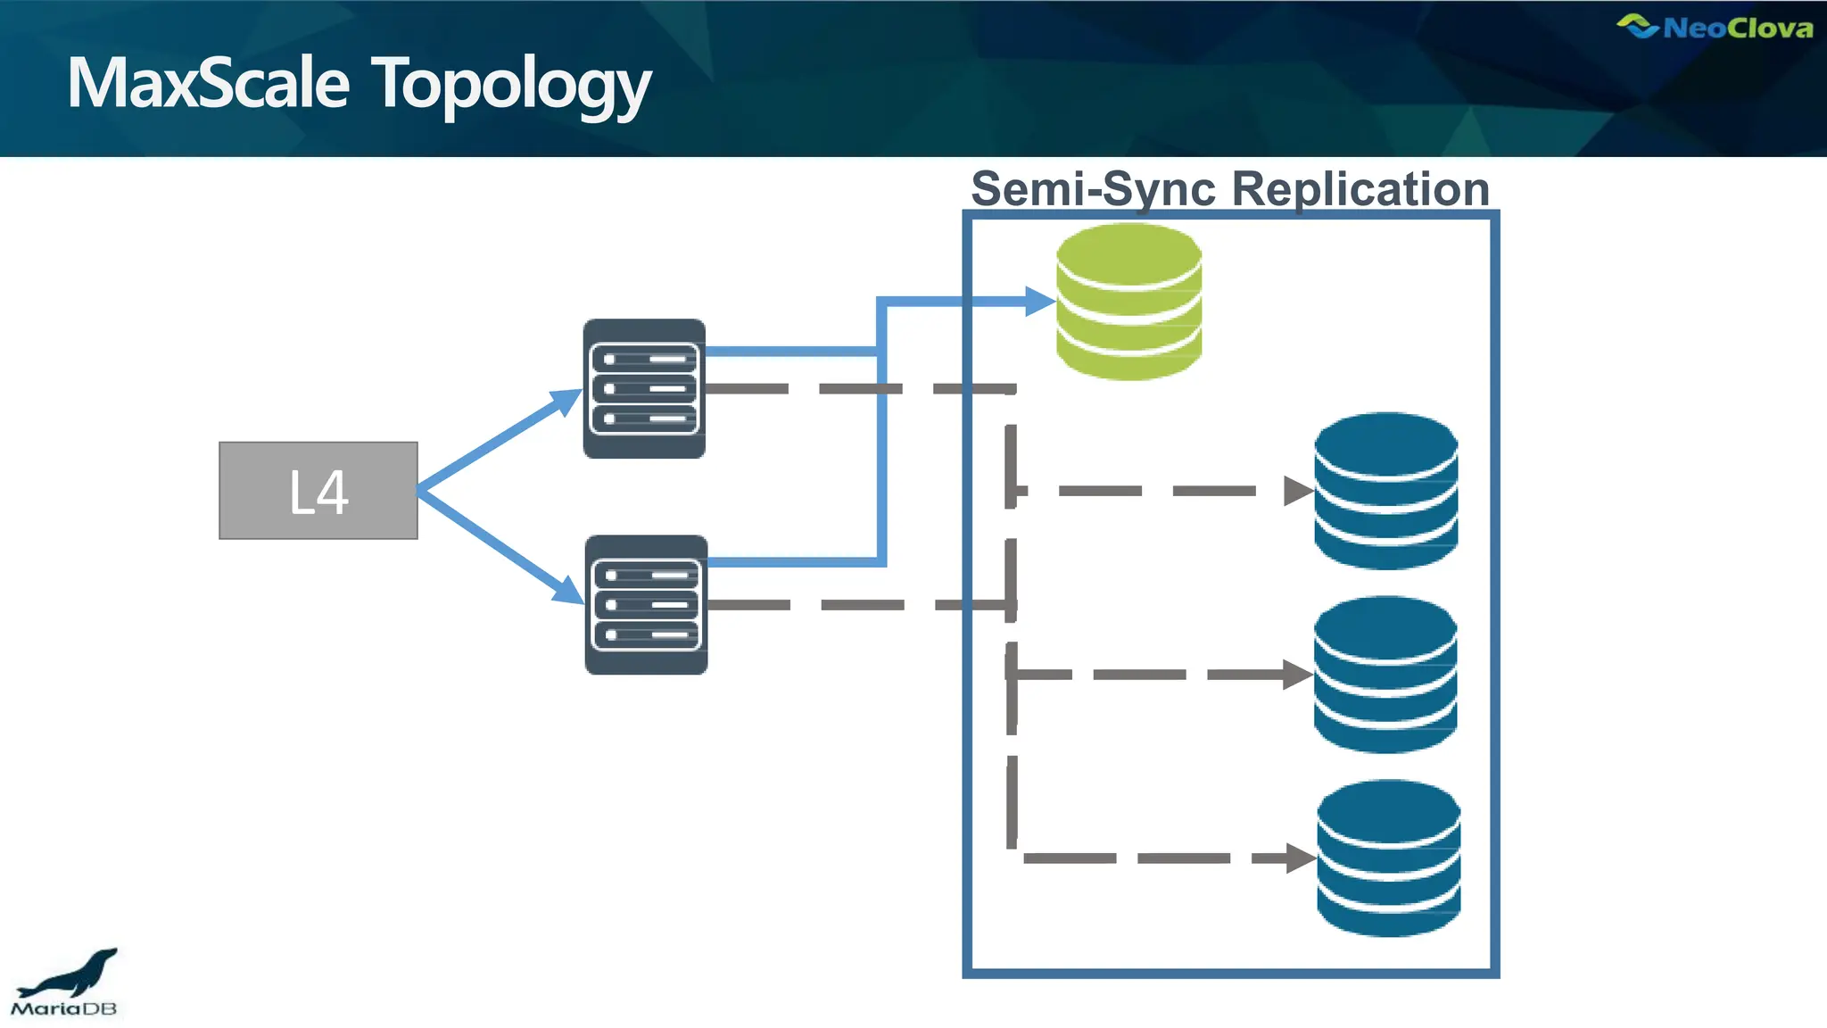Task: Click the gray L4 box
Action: [x=318, y=491]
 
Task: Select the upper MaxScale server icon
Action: [x=644, y=389]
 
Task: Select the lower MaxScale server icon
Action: [x=646, y=605]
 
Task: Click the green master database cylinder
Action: [x=1128, y=302]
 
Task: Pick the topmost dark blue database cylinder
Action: [x=1385, y=491]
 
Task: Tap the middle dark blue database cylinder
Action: [x=1385, y=675]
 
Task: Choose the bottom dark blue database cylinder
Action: [x=1388, y=858]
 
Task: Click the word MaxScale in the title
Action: [x=208, y=83]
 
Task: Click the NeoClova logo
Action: [x=1715, y=28]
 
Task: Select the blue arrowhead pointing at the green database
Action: [x=1040, y=302]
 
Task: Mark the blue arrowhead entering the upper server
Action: [x=566, y=402]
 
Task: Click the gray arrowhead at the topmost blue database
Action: [x=1297, y=491]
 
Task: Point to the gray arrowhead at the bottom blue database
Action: [x=1301, y=858]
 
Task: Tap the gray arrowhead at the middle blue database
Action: [x=1297, y=675]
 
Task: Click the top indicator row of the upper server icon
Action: [x=644, y=359]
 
